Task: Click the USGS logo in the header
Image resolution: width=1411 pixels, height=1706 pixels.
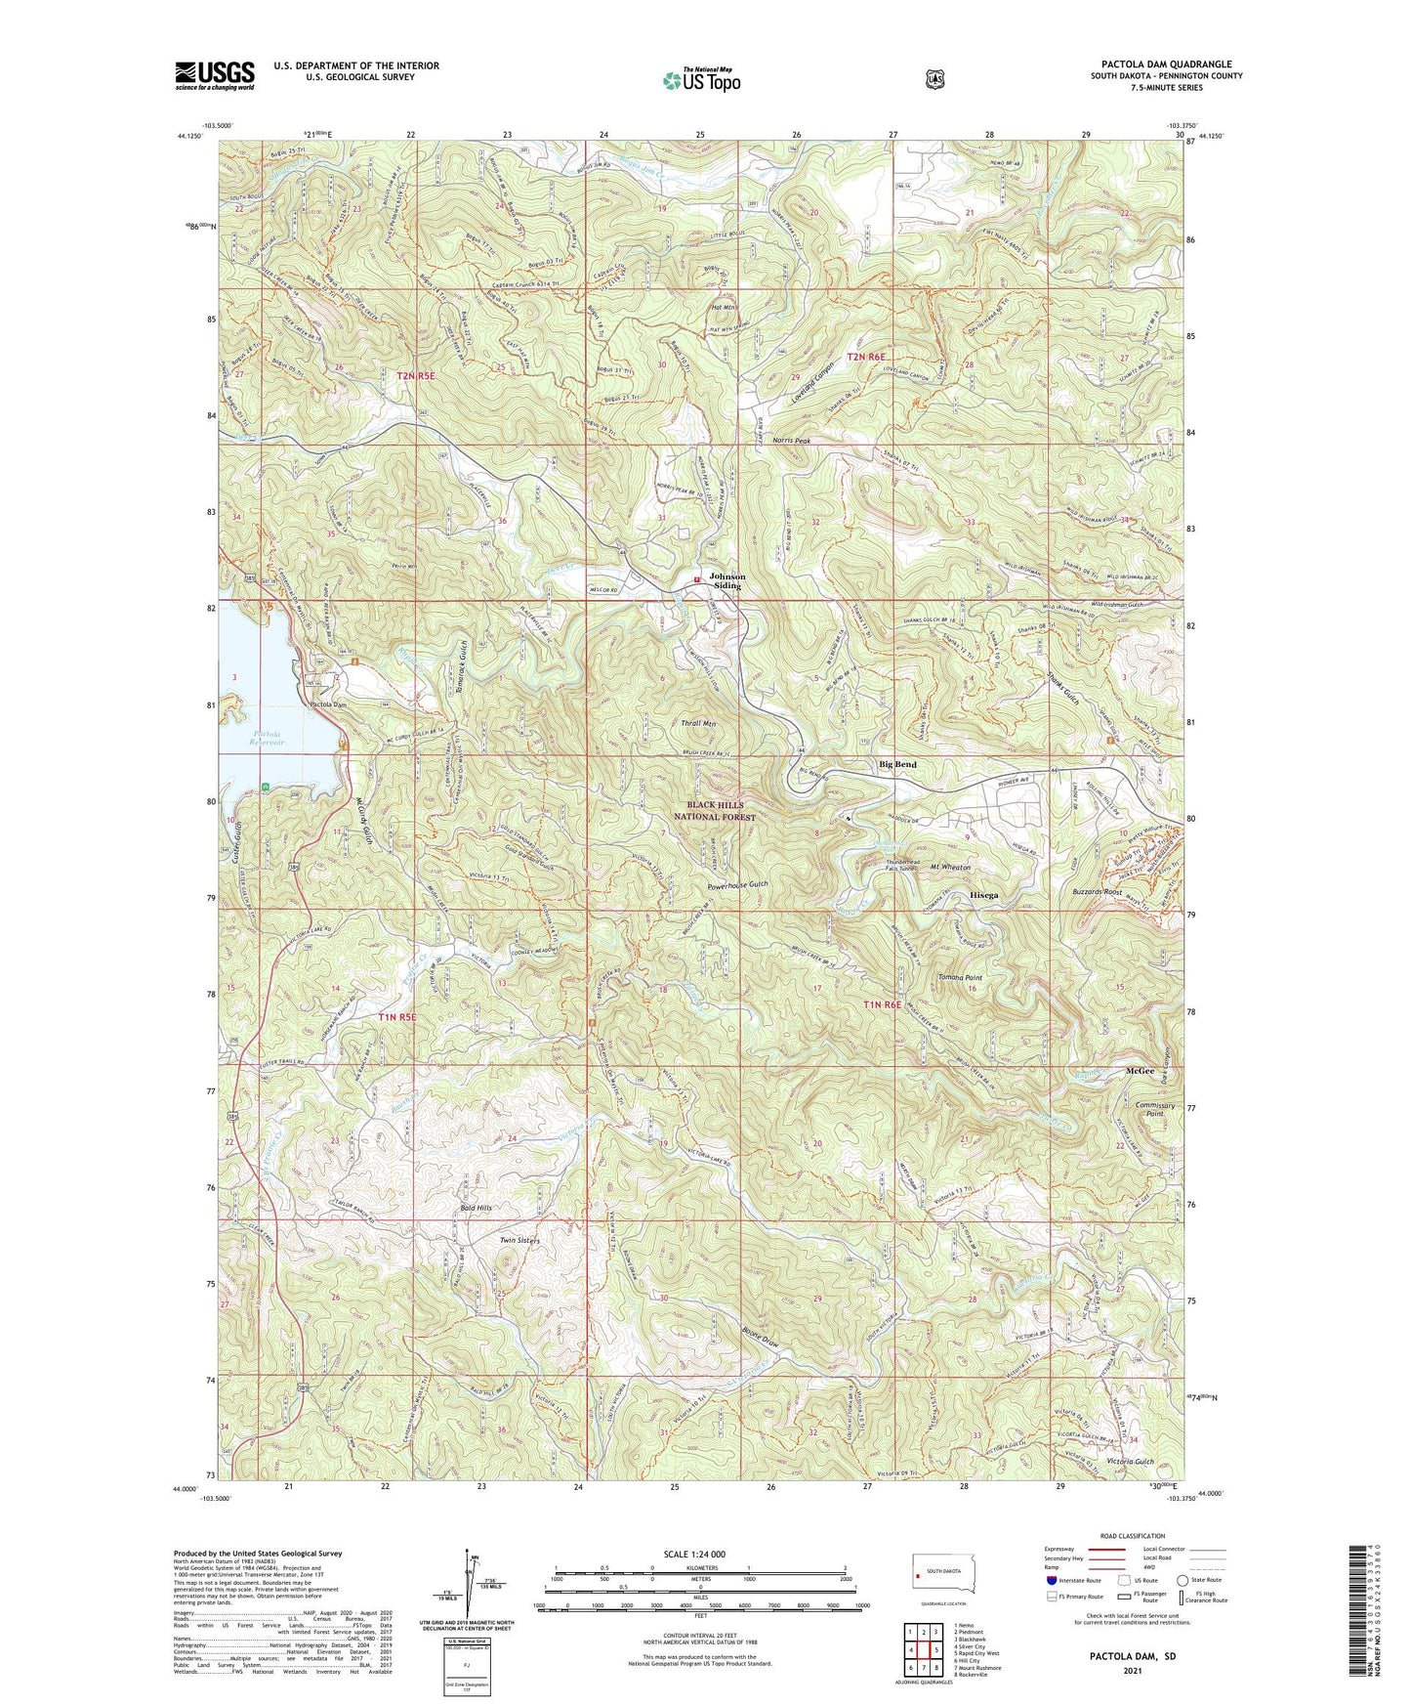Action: pyautogui.click(x=215, y=74)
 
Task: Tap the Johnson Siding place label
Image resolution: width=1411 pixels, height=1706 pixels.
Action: pyautogui.click(x=726, y=581)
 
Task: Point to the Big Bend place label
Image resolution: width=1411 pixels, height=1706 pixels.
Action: pyautogui.click(x=897, y=764)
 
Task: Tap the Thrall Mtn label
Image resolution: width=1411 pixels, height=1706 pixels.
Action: pyautogui.click(x=698, y=724)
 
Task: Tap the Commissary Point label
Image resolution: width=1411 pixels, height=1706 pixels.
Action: pyautogui.click(x=1154, y=1110)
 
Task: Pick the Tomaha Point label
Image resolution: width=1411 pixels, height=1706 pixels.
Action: pyautogui.click(x=959, y=977)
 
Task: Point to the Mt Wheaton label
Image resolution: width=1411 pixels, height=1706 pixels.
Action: pyautogui.click(x=950, y=867)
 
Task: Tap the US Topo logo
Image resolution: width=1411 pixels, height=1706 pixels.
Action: pyautogui.click(x=700, y=81)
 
